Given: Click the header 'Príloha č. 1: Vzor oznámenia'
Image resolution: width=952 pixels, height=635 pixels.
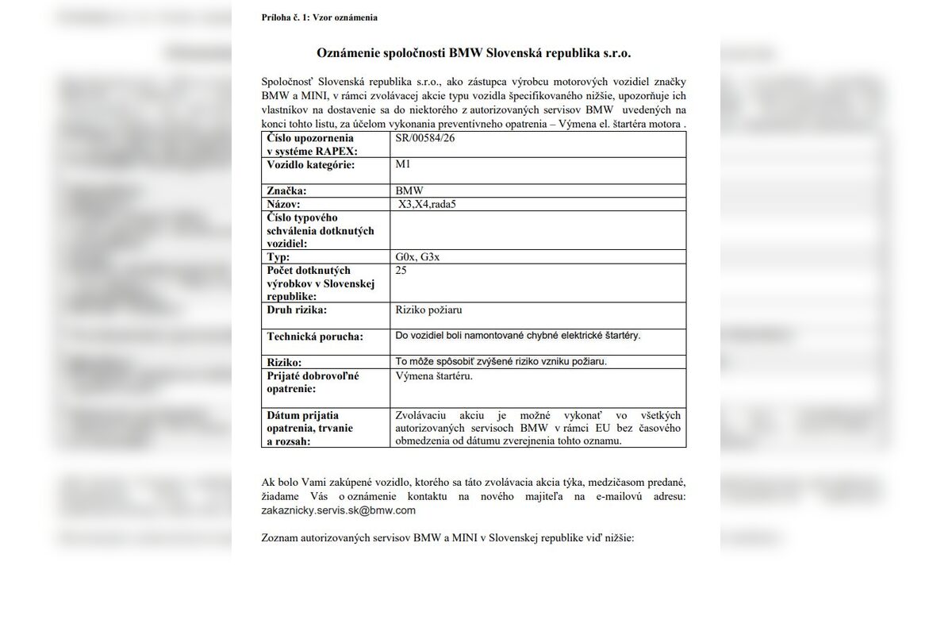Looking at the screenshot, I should pos(319,17).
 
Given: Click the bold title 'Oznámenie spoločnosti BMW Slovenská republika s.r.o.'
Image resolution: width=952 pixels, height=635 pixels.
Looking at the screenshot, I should pos(474,52).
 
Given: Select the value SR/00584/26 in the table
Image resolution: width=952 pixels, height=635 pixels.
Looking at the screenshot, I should pos(425,138).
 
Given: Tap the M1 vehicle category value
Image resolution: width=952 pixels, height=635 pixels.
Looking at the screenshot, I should pos(403,164).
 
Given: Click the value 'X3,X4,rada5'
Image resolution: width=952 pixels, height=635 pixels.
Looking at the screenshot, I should pos(428,204).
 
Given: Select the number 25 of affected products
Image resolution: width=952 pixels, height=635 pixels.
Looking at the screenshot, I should pos(401,271).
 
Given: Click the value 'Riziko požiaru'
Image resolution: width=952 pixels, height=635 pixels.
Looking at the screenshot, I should pos(428,310).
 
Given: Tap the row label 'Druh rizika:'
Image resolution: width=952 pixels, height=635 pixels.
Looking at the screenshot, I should pos(297,310).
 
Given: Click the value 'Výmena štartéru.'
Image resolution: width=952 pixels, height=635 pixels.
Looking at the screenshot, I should pos(434,375).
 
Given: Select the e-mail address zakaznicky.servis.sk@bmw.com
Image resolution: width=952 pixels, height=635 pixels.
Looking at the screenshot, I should pos(339,510).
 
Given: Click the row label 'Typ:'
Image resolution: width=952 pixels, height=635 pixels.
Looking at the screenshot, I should pos(278,257).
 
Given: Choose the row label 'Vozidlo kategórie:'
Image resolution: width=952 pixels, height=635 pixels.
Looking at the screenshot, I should pos(310,164).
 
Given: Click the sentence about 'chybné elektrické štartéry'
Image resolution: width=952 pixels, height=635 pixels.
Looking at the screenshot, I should pos(517,335).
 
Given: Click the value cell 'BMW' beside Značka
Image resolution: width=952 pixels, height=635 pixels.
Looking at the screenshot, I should pos(409,190).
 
